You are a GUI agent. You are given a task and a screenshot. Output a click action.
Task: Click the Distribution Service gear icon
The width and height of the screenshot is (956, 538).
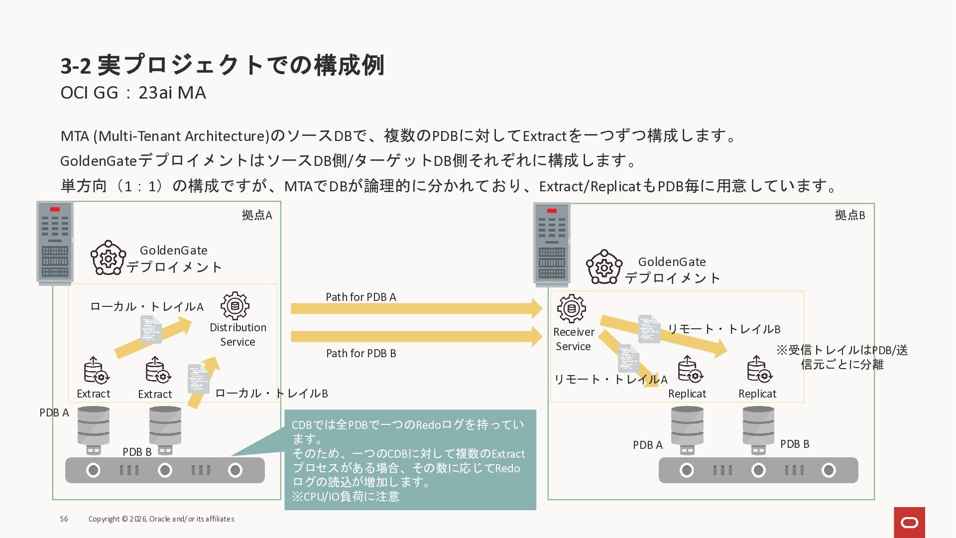(x=235, y=305)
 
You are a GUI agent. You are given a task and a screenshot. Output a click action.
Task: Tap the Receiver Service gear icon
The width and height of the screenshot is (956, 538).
(x=571, y=308)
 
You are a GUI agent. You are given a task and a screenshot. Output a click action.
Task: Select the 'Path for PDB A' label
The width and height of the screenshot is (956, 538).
(x=360, y=297)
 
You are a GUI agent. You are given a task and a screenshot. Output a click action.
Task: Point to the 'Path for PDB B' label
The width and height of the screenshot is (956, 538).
(x=360, y=353)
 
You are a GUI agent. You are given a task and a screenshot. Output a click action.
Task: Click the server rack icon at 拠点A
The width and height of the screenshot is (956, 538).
(x=55, y=243)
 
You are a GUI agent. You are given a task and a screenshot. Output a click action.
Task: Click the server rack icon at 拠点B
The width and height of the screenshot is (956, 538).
(x=552, y=244)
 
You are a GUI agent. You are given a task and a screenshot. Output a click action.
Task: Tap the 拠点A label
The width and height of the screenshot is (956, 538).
(x=257, y=215)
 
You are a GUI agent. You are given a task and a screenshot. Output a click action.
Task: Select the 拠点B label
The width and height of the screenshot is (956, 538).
(x=849, y=215)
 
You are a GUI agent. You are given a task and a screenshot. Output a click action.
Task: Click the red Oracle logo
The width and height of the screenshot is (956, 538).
(x=909, y=522)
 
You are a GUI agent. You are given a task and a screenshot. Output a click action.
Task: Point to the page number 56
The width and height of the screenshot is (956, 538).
(x=64, y=519)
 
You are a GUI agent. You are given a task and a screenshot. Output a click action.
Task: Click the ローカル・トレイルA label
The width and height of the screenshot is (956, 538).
(x=146, y=307)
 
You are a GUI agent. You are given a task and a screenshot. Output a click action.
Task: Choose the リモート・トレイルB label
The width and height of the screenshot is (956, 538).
(x=723, y=329)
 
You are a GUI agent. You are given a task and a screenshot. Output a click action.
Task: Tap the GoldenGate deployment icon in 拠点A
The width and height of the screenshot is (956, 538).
(x=107, y=258)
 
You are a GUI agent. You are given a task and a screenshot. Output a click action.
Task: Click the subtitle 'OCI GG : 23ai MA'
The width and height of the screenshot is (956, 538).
(x=133, y=93)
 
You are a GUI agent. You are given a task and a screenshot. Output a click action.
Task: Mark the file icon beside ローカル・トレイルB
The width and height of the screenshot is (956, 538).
(x=198, y=379)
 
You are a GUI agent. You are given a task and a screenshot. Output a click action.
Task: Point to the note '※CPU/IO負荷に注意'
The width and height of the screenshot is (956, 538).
(x=346, y=497)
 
